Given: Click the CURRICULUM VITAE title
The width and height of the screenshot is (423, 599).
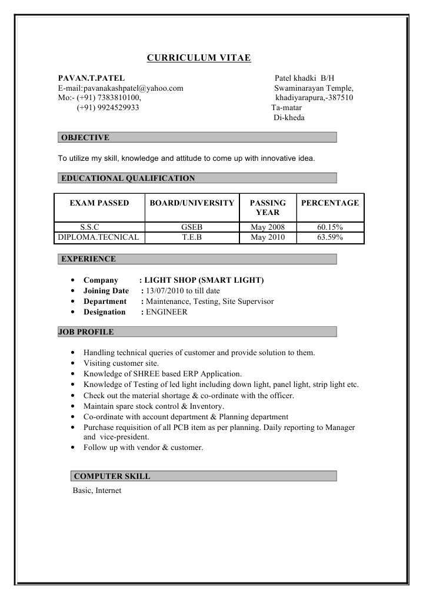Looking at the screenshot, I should tap(199, 58).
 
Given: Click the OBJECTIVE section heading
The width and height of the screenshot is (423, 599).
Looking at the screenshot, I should tap(85, 138).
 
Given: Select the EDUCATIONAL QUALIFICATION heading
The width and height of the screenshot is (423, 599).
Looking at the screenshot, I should tap(128, 178).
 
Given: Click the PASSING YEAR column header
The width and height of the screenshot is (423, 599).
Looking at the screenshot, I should tap(268, 207).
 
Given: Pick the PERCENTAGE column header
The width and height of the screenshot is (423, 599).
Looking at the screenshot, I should tap(329, 203).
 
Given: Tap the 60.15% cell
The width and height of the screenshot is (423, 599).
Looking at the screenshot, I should tap(329, 227).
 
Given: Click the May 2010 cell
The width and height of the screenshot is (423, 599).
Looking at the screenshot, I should tap(268, 237).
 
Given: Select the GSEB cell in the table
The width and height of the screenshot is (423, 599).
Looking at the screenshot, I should tap(192, 227).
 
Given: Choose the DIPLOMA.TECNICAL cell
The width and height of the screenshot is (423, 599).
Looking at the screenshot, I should tap(98, 237).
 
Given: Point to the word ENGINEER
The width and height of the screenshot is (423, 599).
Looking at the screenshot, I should tap(166, 312).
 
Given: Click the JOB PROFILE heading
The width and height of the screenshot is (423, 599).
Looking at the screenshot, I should tap(86, 332).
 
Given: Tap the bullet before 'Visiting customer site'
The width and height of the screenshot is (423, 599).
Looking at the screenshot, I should tap(72, 363).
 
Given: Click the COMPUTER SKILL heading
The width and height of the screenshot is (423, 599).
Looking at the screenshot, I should tap(112, 476).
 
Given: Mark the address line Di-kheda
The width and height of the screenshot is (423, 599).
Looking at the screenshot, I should tap(289, 118).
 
